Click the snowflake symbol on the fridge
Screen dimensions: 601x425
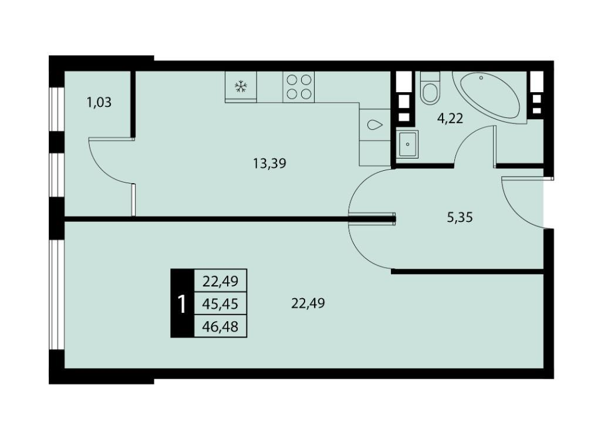tap(240, 87)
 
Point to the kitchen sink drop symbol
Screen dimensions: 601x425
tap(374, 125)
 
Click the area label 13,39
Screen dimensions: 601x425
tap(269, 164)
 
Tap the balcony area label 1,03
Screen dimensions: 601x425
tap(99, 102)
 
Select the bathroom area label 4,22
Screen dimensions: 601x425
tap(450, 119)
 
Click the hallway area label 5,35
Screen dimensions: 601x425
tap(460, 217)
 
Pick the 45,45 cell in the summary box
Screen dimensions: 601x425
tap(221, 304)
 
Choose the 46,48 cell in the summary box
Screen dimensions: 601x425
tap(221, 326)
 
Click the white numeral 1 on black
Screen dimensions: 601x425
tap(182, 304)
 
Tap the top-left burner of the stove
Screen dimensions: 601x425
tap(292, 80)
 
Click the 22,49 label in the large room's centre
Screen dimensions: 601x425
tap(308, 303)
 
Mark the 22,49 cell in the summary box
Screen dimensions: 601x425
tap(221, 281)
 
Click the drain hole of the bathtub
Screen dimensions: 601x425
tap(481, 78)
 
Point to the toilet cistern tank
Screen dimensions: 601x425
tap(430, 76)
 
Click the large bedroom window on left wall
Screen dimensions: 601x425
tap(57, 295)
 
